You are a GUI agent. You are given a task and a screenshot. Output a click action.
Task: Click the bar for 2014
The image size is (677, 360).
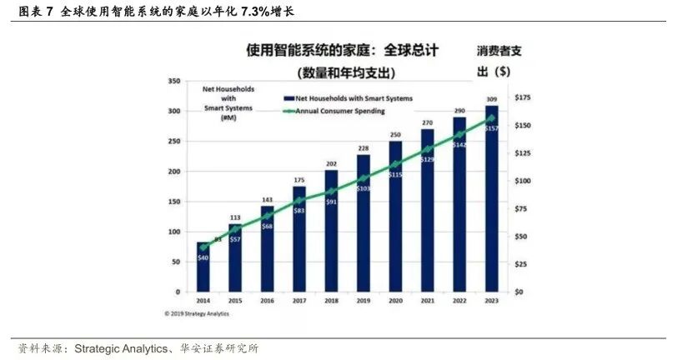[203, 267]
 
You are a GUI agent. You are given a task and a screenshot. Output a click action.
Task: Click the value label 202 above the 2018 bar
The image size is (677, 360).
[331, 163]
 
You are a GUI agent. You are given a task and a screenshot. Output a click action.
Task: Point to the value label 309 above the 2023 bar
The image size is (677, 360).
[491, 99]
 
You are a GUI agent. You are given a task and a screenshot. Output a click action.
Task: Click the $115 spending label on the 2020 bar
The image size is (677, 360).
[395, 174]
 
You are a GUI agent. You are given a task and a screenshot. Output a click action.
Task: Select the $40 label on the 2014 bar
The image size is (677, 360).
[203, 257]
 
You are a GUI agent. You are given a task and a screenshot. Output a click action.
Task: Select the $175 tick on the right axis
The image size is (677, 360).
[523, 97]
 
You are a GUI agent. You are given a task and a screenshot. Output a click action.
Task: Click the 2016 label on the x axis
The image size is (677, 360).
[268, 299]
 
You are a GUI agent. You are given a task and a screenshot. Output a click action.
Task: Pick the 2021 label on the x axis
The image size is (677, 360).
[427, 299]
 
